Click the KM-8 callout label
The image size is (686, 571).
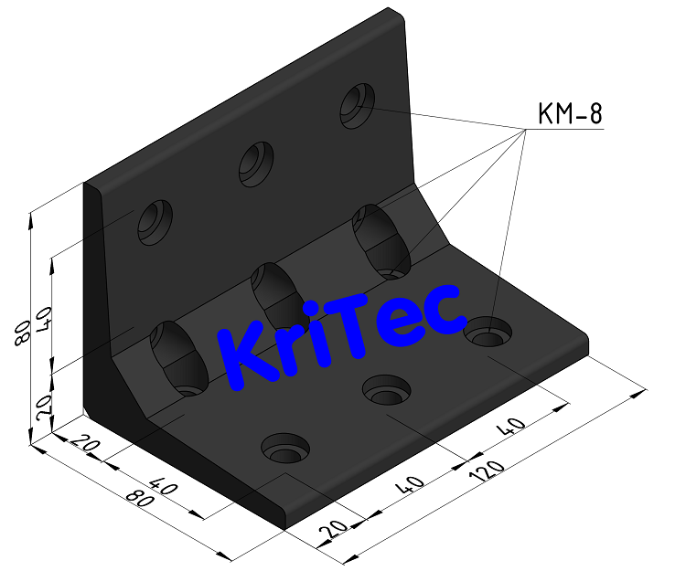[569, 114]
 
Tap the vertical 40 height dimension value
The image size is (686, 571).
[42, 319]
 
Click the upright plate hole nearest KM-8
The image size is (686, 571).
[358, 104]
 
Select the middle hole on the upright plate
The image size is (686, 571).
[256, 161]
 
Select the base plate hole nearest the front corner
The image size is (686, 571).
[286, 449]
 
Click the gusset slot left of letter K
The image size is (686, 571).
[179, 356]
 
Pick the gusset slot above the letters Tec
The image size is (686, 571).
[382, 240]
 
